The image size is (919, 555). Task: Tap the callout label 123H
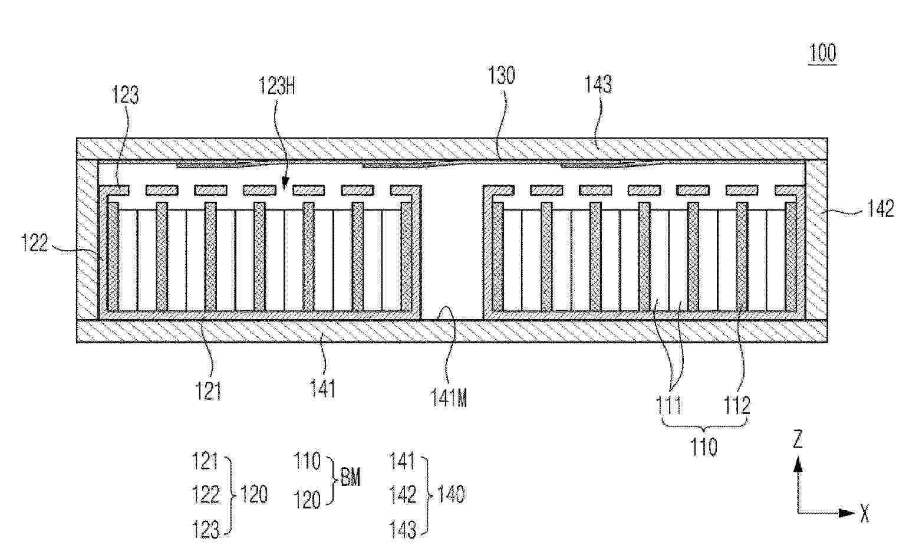[277, 86]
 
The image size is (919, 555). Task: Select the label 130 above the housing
[501, 76]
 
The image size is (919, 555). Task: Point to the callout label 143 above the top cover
[598, 84]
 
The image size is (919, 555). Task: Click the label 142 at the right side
[880, 209]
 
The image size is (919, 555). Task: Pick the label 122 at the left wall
[34, 242]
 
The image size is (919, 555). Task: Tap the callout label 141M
[448, 398]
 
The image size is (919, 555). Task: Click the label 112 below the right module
[737, 406]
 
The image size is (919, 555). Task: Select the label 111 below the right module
[668, 406]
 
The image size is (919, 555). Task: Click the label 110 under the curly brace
[704, 447]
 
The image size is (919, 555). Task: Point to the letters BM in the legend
[350, 478]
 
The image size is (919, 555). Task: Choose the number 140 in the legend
[451, 494]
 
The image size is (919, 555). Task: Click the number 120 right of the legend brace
[254, 494]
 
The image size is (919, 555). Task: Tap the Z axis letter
[798, 439]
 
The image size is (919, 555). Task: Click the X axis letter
[865, 514]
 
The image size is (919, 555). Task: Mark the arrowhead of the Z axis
[798, 465]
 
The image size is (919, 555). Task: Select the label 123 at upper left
[126, 94]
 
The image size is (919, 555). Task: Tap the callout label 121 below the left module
[208, 391]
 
